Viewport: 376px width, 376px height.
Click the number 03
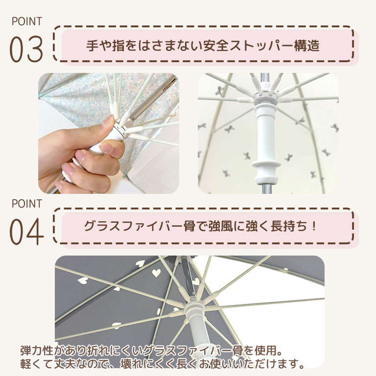pos(26,50)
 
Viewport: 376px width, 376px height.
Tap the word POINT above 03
pos(26,22)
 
